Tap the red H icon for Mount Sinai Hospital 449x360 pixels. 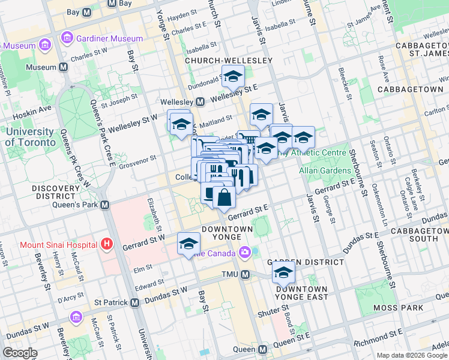[x=107, y=244]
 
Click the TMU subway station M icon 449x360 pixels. [x=245, y=275]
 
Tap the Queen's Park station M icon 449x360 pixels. [x=104, y=205]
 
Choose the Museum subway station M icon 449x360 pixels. [x=62, y=68]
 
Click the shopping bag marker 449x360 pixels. [x=224, y=196]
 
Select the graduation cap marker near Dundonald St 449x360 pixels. [x=233, y=76]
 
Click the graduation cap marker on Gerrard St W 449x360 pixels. [x=188, y=243]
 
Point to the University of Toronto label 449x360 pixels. [x=29, y=137]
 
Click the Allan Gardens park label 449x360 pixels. [x=324, y=171]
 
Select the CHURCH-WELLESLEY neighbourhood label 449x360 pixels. [x=228, y=61]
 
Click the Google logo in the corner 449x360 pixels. [x=20, y=352]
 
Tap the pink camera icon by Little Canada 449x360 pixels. [x=245, y=253]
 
